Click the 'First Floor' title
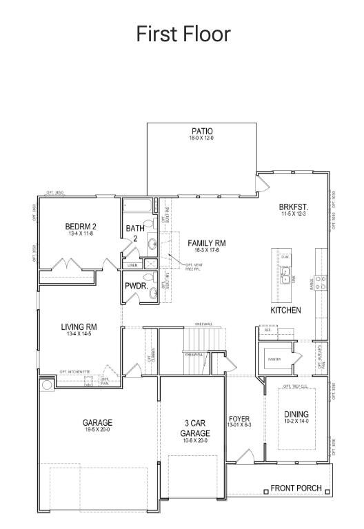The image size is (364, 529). click(183, 34)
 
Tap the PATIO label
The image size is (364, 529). click(201, 132)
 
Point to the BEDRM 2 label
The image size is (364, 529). click(81, 227)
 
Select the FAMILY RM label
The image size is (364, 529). click(207, 243)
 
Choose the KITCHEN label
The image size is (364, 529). click(285, 311)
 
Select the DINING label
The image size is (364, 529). click(296, 415)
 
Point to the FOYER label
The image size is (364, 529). click(239, 419)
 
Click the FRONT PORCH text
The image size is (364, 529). click(296, 488)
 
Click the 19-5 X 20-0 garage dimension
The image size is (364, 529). click(98, 430)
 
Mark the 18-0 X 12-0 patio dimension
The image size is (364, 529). click(201, 138)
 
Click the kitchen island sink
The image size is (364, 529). click(285, 276)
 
